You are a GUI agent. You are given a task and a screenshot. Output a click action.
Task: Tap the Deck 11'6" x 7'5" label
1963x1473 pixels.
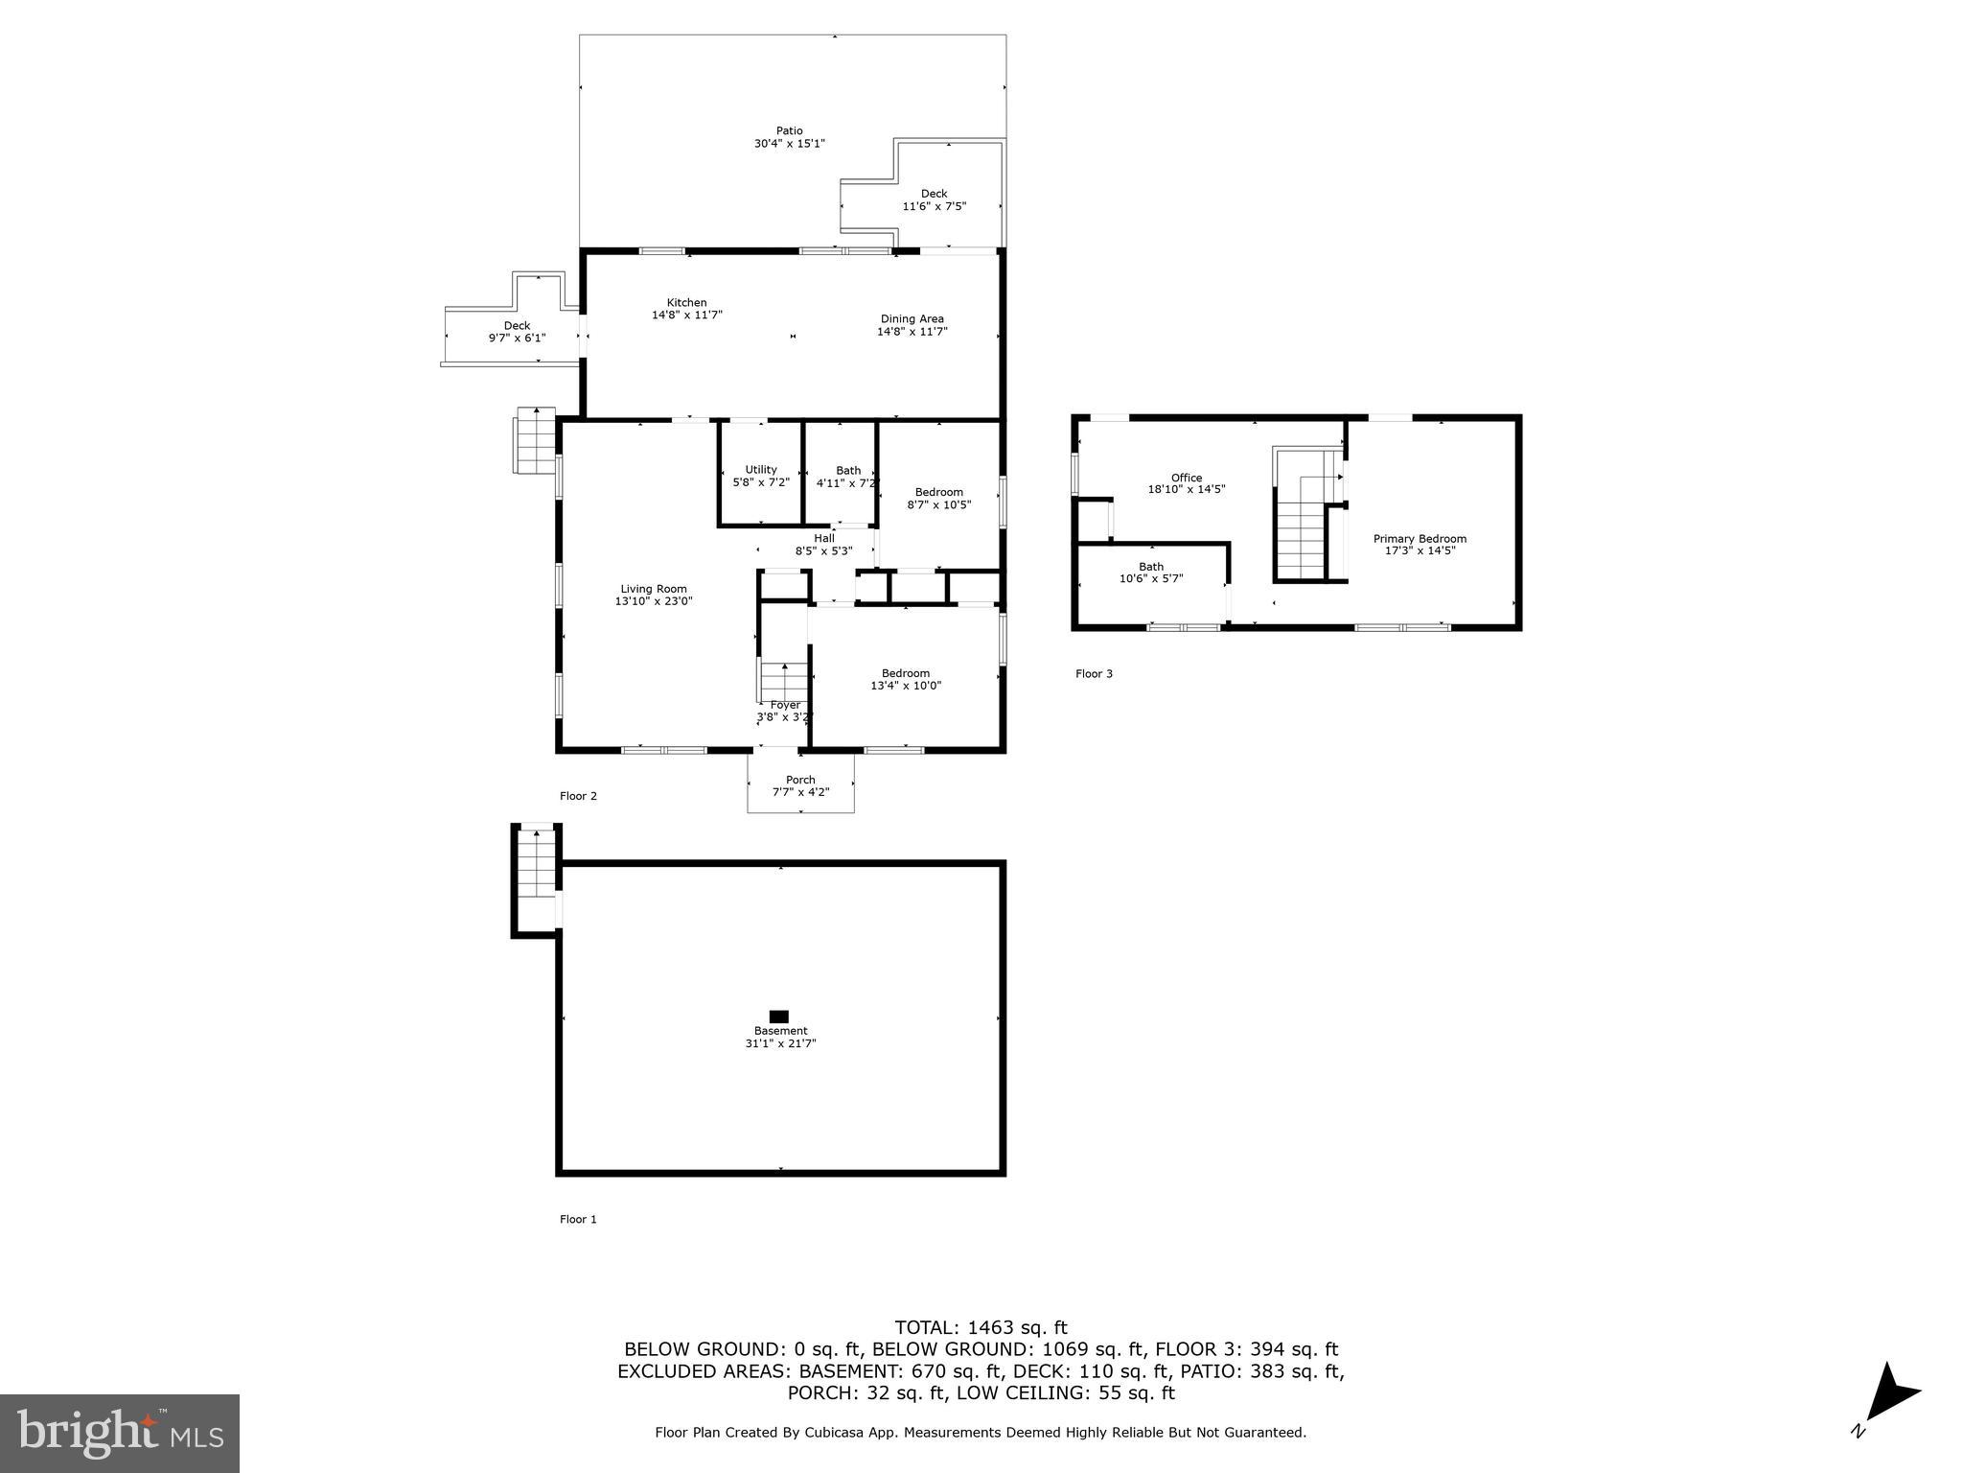(934, 199)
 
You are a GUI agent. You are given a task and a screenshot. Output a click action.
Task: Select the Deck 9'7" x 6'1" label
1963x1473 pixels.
(517, 331)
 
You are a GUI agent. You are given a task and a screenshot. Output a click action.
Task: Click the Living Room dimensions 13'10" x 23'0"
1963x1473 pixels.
(654, 601)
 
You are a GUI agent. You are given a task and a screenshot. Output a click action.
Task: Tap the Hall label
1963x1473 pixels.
(823, 539)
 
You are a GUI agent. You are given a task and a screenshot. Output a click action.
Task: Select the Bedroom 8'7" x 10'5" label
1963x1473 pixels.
(938, 498)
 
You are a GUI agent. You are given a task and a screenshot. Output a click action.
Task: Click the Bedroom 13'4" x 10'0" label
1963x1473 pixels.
(906, 679)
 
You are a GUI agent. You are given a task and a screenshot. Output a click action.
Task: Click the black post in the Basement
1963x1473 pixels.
(779, 1017)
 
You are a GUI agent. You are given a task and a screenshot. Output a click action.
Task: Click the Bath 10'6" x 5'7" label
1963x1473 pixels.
(1151, 573)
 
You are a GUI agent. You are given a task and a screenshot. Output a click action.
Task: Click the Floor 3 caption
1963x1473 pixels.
(1094, 674)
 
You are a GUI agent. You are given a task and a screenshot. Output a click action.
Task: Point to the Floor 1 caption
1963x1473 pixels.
(578, 1219)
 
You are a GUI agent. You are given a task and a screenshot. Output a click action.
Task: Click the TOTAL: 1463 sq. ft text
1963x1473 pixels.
(981, 1327)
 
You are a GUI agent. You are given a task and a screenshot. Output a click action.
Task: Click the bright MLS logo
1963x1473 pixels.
(120, 1433)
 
